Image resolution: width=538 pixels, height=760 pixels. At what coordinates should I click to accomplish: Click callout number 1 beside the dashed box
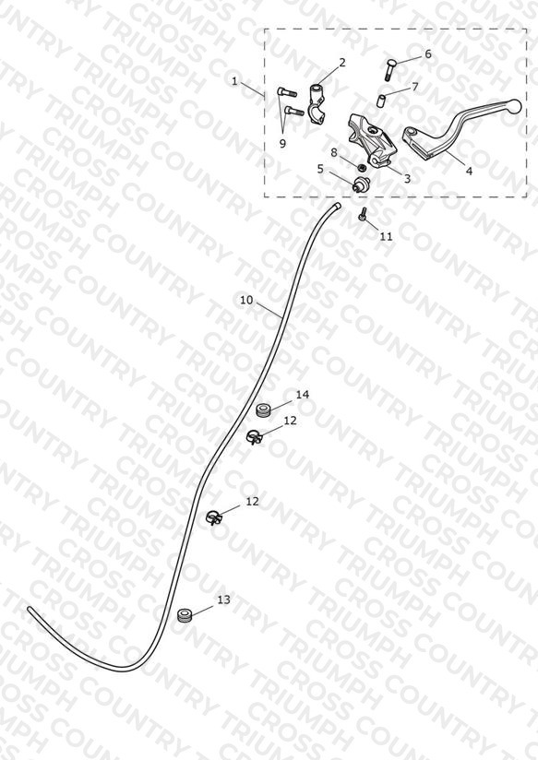(234, 81)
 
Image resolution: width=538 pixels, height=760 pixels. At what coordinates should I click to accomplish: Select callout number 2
(342, 63)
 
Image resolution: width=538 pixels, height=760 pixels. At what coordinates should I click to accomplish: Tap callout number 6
(428, 53)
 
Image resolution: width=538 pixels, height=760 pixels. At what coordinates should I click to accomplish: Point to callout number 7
(414, 87)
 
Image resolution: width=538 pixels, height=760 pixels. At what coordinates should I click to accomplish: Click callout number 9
(282, 144)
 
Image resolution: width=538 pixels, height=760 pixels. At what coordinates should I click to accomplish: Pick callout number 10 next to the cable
(246, 300)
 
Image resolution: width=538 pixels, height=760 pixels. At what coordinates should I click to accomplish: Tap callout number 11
(386, 236)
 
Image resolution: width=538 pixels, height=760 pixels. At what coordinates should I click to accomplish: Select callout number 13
(223, 600)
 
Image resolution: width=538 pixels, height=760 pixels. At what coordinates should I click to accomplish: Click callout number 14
(303, 395)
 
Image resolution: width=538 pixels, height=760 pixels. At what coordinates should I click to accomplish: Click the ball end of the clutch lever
(515, 104)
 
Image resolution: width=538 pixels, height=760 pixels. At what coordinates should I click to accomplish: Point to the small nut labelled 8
(361, 168)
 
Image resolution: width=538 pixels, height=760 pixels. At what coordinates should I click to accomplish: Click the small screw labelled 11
(363, 214)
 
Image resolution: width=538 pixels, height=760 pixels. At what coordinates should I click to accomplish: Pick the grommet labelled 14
(263, 410)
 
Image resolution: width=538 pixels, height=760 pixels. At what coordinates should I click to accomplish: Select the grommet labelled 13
(185, 615)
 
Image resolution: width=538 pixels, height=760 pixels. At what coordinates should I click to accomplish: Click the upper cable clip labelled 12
(254, 437)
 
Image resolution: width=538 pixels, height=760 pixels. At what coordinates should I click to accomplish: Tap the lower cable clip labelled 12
(214, 517)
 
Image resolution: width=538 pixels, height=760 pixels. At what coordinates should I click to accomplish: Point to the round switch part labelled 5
(361, 184)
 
